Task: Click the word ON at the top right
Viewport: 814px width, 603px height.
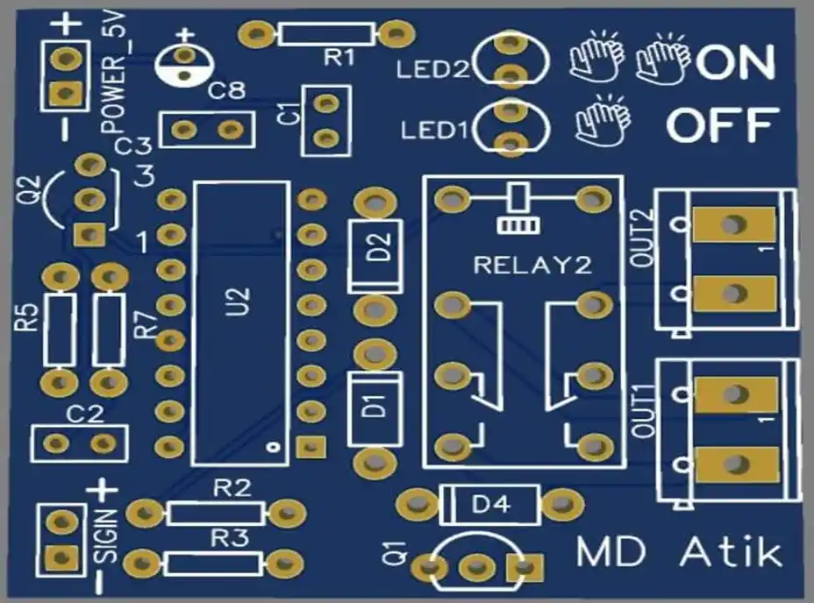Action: point(736,62)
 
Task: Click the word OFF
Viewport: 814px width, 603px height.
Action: point(723,126)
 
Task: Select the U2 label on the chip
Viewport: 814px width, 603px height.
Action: point(241,303)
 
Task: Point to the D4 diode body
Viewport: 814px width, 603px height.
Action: point(491,504)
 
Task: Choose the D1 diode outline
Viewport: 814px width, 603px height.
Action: point(375,407)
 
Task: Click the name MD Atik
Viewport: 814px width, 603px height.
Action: point(679,552)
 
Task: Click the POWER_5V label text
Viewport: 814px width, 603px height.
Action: point(116,74)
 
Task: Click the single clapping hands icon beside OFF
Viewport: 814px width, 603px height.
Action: point(603,123)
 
